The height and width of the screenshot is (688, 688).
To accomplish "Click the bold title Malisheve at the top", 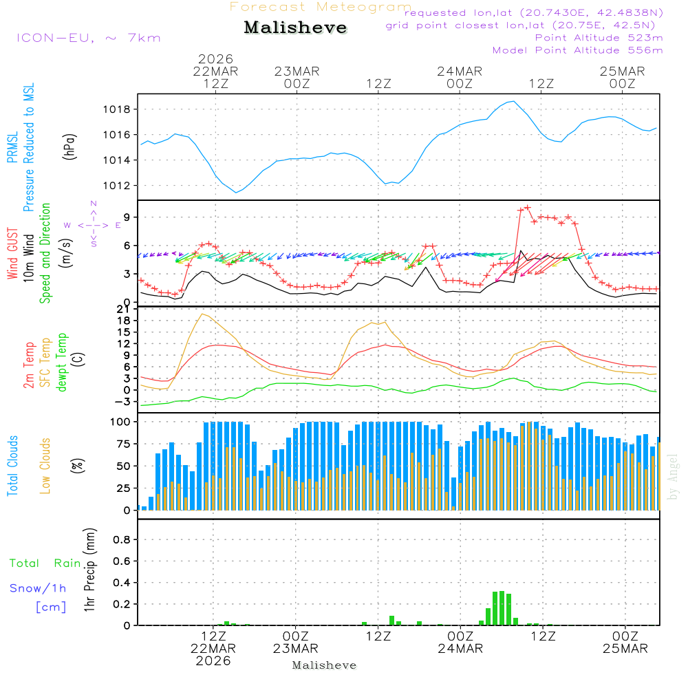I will [296, 28].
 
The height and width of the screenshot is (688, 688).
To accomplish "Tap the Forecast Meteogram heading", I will [321, 7].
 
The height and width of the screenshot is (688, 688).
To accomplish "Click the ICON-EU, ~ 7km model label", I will [88, 38].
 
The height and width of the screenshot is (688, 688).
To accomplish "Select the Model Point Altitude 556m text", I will [578, 50].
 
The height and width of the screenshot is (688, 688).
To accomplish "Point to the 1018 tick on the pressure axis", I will [117, 109].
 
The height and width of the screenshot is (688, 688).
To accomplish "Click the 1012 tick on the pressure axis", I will [117, 186].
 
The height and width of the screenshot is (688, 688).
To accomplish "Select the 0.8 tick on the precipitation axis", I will [121, 540].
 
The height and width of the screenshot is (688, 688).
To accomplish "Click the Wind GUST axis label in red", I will [12, 255].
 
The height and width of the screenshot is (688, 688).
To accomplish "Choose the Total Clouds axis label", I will [12, 466].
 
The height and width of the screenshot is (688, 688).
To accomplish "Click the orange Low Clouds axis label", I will [45, 466].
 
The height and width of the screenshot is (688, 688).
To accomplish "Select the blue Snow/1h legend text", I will [38, 588].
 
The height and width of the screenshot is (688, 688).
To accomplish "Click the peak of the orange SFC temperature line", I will [202, 314].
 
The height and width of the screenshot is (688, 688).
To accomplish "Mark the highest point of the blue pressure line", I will [512, 102].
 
